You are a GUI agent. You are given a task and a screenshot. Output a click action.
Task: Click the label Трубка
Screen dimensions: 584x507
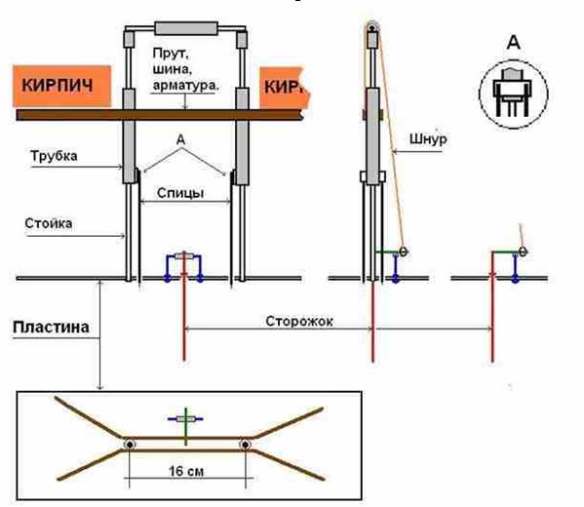(54, 156)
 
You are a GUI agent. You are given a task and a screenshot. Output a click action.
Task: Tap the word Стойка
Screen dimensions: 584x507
(49, 223)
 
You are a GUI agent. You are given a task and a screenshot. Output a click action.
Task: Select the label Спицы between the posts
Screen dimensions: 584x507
(180, 193)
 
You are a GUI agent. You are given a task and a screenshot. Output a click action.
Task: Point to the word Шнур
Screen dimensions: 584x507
(428, 139)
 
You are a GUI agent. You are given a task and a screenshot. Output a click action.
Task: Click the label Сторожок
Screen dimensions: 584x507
(299, 321)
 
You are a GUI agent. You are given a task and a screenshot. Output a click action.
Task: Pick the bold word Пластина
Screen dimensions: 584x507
(51, 328)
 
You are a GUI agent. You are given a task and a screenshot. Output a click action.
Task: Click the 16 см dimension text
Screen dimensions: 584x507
(186, 471)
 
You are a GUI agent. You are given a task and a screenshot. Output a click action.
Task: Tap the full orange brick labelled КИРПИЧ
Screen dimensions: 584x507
(61, 86)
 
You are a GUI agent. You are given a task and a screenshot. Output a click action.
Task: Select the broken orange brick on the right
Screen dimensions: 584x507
(285, 88)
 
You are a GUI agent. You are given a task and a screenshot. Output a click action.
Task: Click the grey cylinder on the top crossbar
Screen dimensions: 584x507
(186, 28)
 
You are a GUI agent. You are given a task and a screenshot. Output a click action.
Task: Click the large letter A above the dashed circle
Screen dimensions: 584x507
(514, 42)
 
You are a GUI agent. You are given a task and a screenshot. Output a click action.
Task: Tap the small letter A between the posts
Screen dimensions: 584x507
(180, 140)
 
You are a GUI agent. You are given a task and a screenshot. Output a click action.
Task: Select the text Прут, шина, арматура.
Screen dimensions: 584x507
(185, 69)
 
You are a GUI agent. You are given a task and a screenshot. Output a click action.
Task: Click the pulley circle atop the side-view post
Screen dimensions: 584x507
(371, 27)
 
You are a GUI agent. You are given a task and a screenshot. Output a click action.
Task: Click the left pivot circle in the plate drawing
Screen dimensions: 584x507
(130, 445)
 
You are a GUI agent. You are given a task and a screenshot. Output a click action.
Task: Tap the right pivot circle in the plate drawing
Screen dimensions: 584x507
(245, 445)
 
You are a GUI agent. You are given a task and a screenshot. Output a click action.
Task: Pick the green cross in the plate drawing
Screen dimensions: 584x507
(186, 426)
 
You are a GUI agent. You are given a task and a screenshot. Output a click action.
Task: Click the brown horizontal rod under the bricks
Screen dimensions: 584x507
(160, 115)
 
